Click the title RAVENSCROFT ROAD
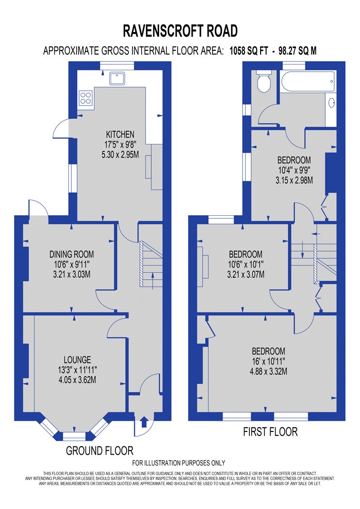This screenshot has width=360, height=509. click(180, 31)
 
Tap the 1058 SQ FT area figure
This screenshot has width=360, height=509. click(249, 51)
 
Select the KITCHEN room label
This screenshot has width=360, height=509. click(120, 134)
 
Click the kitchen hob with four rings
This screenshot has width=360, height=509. click(86, 98)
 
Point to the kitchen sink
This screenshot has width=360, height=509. click(117, 79)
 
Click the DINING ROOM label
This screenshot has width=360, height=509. click(71, 254)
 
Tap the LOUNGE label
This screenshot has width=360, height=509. click(77, 360)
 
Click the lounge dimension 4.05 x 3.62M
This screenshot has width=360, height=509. click(77, 380)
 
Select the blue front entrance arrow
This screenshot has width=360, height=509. click(144, 422)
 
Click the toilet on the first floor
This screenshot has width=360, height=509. click(264, 81)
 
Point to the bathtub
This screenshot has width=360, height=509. click(308, 81)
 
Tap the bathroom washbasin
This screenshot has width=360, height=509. click(331, 103)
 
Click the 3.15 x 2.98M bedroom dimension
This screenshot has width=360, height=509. click(295, 180)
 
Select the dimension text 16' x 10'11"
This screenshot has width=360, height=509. click(268, 361)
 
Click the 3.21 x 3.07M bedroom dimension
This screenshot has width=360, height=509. click(245, 275)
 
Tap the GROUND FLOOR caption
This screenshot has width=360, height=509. click(100, 450)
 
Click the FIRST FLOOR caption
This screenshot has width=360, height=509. click(270, 432)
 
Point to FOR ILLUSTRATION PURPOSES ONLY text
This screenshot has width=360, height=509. click(179, 463)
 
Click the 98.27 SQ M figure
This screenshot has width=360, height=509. click(297, 51)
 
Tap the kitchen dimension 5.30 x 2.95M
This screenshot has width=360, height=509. click(120, 155)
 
